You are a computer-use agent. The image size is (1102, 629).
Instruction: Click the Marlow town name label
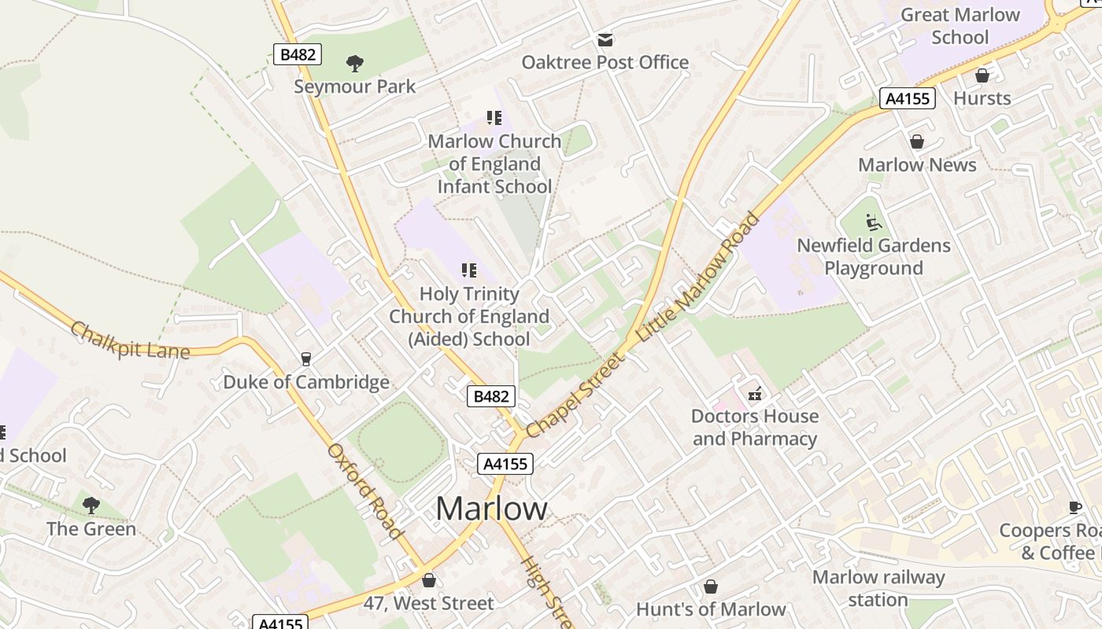click(491, 509)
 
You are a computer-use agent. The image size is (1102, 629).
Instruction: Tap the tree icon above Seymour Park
click(355, 63)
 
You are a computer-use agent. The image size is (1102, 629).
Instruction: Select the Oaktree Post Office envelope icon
click(605, 39)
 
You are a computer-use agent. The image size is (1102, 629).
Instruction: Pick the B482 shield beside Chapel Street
click(491, 396)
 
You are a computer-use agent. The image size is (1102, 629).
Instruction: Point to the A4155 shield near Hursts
click(907, 98)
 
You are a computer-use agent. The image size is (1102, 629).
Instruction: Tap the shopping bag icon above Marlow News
click(917, 142)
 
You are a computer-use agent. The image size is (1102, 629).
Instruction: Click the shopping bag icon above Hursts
click(982, 75)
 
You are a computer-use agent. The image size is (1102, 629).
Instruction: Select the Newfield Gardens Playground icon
click(874, 223)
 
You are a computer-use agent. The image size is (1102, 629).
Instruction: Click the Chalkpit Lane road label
click(130, 340)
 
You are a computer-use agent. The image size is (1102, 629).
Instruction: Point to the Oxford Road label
click(365, 492)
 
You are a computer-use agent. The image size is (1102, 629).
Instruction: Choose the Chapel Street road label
click(573, 395)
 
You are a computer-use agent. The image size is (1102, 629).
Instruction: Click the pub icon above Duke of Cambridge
click(306, 359)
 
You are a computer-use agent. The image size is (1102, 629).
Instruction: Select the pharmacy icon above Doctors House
click(754, 393)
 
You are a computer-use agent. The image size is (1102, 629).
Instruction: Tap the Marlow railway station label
click(878, 588)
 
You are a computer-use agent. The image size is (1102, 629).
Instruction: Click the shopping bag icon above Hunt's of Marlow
click(710, 587)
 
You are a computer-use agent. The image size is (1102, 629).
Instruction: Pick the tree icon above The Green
click(91, 505)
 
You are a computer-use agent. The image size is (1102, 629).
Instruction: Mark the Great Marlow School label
click(960, 26)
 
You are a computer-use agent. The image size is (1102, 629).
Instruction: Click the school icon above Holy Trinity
click(469, 271)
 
